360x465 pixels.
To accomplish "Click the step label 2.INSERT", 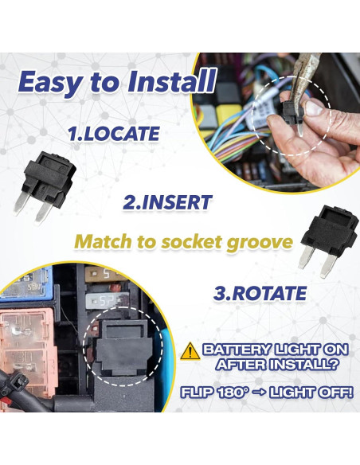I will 167,202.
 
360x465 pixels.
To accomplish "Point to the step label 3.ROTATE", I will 260,292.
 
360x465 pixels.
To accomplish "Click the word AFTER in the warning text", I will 238,365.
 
